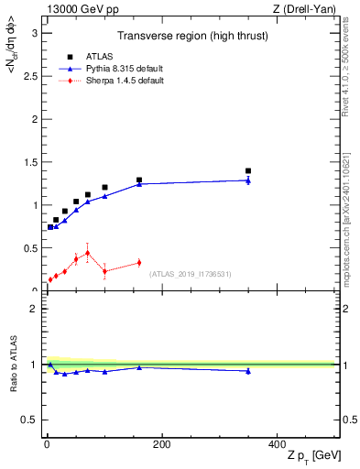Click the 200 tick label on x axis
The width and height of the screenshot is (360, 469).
161,444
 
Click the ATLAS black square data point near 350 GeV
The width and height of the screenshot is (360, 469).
248,170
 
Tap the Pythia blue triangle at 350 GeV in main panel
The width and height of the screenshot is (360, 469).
248,180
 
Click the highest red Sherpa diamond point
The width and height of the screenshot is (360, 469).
87,253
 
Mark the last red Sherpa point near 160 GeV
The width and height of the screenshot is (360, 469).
139,263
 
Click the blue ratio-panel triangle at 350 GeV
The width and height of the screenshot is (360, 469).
248,371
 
